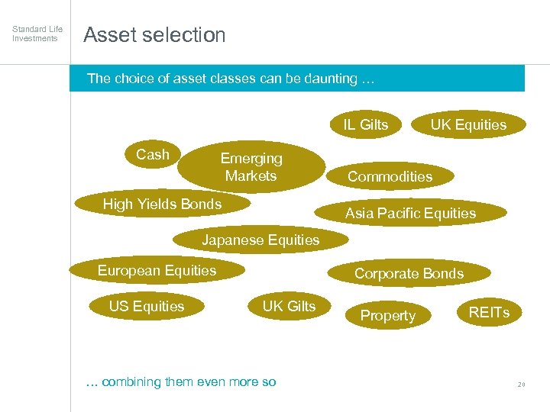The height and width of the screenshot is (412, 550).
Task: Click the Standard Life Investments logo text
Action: (x=37, y=34)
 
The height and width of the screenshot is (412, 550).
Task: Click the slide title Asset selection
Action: (x=154, y=35)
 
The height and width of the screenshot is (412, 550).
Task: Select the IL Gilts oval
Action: (x=365, y=125)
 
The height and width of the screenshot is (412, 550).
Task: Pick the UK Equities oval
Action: (x=468, y=125)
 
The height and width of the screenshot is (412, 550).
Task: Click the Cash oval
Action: (x=153, y=155)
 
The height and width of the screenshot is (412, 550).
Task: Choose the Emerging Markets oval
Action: (x=251, y=167)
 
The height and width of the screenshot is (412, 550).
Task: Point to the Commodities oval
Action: (x=390, y=177)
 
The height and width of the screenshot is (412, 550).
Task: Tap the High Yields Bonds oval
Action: (x=162, y=204)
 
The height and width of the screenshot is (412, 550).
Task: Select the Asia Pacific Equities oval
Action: (x=410, y=214)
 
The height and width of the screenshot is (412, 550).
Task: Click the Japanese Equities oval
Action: (x=260, y=240)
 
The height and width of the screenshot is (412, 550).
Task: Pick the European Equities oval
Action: (x=157, y=270)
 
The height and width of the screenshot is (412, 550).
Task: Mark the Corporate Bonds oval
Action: (x=409, y=273)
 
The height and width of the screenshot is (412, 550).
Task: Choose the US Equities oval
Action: (x=147, y=307)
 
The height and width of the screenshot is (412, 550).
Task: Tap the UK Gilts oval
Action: (x=289, y=307)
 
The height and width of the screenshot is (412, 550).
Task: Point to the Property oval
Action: (x=388, y=316)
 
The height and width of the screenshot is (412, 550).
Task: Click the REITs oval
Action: (x=489, y=312)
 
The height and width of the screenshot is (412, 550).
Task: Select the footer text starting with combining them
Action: (x=181, y=381)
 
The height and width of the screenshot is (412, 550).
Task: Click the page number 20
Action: (x=521, y=385)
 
